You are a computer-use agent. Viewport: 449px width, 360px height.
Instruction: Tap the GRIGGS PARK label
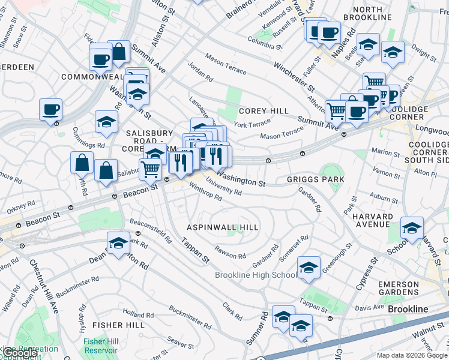pyautogui.click(x=316, y=179)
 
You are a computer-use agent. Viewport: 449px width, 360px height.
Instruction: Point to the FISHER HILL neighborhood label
pyautogui.click(x=118, y=325)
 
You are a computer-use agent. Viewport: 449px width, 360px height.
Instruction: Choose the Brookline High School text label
pyautogui.click(x=256, y=275)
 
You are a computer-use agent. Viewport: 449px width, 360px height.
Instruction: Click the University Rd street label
pyautogui.click(x=223, y=187)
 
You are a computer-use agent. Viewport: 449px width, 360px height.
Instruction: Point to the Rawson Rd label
pyautogui.click(x=230, y=252)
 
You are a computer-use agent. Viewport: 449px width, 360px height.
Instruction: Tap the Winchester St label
pyautogui.click(x=294, y=73)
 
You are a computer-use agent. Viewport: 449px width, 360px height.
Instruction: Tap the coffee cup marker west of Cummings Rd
pyautogui.click(x=51, y=110)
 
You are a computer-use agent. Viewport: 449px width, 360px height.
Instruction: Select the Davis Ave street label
pyautogui.click(x=372, y=307)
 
